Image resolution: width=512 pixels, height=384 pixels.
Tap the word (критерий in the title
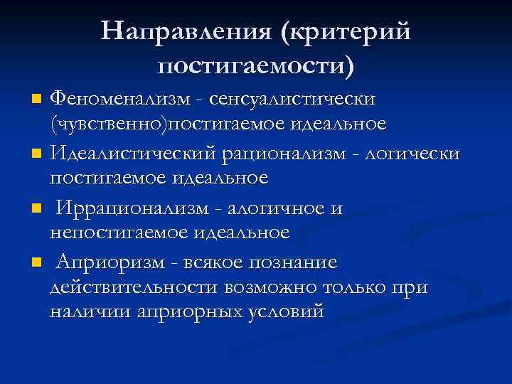pos(346,31)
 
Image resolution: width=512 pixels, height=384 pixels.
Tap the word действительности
pos(134,287)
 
